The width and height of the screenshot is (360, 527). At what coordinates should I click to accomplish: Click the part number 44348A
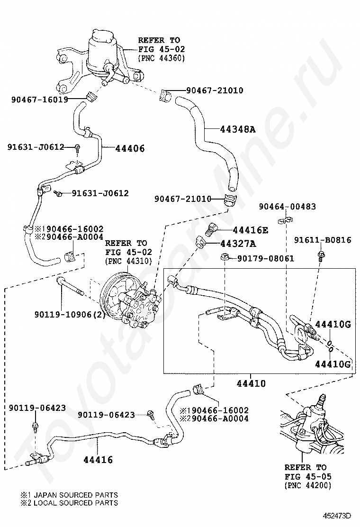[238, 129]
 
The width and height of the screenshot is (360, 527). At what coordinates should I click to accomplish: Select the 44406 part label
[130, 148]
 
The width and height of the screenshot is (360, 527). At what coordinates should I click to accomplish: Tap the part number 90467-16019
[40, 100]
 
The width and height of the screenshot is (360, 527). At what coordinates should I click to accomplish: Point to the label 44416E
[251, 230]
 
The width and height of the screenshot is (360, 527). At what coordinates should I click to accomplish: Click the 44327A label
[238, 243]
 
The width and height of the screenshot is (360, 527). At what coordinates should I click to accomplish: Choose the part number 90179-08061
[266, 258]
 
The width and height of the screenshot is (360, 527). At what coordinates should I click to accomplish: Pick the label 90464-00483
[288, 206]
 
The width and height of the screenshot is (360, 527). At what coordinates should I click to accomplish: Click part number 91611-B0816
[323, 240]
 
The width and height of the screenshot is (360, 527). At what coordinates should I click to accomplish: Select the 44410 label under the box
[251, 383]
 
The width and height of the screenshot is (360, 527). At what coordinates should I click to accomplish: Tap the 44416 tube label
[98, 459]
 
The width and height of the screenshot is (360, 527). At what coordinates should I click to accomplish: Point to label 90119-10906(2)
[70, 315]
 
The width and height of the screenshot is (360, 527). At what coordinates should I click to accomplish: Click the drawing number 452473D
[337, 516]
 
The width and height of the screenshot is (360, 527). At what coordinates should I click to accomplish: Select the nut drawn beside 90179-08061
[225, 258]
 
